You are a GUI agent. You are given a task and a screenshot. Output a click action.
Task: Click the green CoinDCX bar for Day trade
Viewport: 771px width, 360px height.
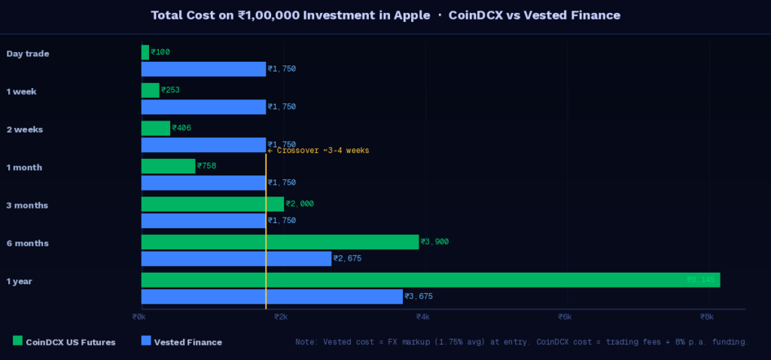(145, 53)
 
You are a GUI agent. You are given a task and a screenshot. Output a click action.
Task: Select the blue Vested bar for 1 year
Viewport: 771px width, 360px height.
(272, 297)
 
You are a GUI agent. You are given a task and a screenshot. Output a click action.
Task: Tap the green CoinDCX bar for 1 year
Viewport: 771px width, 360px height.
(430, 280)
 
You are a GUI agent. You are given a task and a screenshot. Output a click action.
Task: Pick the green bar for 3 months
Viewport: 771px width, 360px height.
(212, 204)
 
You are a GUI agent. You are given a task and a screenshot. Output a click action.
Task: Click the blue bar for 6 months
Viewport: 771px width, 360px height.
(236, 259)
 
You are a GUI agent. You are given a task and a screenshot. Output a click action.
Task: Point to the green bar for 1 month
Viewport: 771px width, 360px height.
(168, 166)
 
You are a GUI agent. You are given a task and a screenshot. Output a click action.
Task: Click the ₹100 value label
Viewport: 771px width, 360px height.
(160, 53)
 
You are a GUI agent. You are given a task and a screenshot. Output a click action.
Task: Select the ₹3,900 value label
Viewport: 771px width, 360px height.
(434, 242)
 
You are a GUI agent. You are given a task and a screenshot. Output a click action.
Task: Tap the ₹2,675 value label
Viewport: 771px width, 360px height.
(347, 259)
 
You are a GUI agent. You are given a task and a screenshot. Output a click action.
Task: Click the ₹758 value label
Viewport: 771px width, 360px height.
(206, 166)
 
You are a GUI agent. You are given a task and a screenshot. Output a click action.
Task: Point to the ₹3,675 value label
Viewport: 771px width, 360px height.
(419, 297)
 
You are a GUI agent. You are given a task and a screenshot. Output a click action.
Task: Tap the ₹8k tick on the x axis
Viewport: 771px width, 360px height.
(706, 317)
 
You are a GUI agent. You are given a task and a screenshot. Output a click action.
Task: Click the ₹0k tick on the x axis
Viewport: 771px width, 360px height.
(140, 317)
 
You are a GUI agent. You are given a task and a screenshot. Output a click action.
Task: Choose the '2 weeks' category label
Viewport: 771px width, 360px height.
(24, 130)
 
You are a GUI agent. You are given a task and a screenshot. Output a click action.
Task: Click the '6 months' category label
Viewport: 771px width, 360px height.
(27, 243)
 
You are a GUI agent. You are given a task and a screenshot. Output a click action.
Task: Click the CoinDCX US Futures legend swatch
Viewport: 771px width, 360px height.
(17, 341)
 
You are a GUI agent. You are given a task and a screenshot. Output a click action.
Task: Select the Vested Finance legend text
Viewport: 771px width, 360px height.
(187, 342)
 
